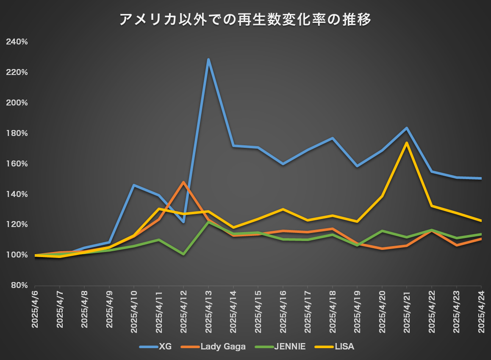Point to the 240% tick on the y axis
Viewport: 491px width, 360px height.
pos(17,42)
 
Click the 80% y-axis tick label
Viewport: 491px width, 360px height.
pos(19,285)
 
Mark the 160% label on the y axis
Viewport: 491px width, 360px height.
pos(17,164)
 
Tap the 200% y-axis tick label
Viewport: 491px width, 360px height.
pos(17,103)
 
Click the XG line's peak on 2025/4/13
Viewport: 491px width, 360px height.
pos(208,59)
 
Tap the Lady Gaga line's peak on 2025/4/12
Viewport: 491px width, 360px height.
pos(183,182)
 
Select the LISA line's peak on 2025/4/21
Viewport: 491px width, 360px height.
pos(407,143)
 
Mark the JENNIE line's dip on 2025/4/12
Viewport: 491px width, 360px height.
pos(183,254)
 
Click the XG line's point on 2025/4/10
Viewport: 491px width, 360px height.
pos(134,185)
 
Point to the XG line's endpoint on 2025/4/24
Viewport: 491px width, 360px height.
pos(481,178)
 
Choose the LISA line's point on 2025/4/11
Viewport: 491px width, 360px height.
pos(158,209)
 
